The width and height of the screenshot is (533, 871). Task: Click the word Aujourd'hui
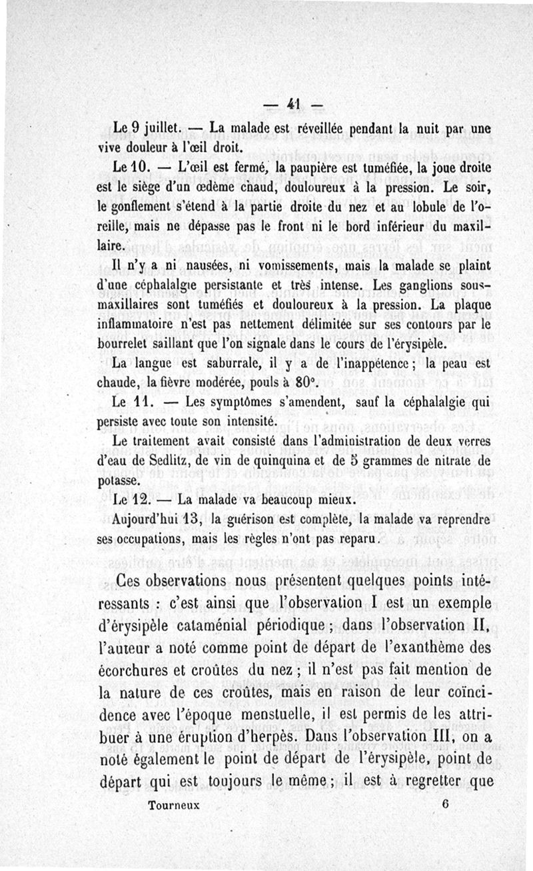pyautogui.click(x=150, y=518)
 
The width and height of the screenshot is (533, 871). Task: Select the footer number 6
pyautogui.click(x=444, y=804)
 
